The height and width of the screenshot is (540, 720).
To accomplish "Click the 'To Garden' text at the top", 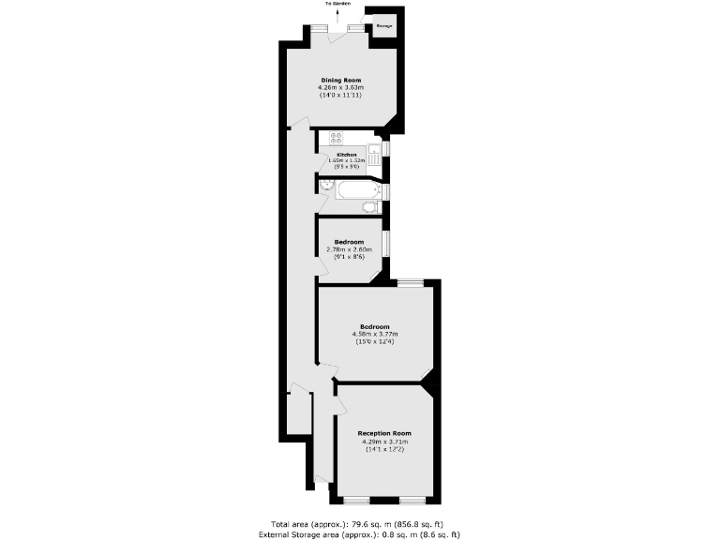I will click(337, 4).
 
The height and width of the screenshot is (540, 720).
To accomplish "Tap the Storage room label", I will click(383, 26).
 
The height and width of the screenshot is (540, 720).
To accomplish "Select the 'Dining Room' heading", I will click(341, 81).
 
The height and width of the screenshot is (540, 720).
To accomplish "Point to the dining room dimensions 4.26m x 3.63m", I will click(341, 88).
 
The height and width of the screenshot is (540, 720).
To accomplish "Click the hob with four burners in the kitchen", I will click(334, 139).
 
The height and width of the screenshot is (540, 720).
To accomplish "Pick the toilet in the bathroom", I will click(371, 206).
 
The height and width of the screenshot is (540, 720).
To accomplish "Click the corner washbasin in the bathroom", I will click(323, 186).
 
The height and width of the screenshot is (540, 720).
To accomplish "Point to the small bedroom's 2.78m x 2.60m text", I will click(349, 249).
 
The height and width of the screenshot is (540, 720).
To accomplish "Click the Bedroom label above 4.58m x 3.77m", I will click(375, 326).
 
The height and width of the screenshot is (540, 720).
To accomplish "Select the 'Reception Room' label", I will click(384, 433).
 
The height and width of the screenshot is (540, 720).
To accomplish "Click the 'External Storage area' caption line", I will click(359, 533).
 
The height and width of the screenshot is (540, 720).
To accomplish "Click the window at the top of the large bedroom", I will click(410, 282).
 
